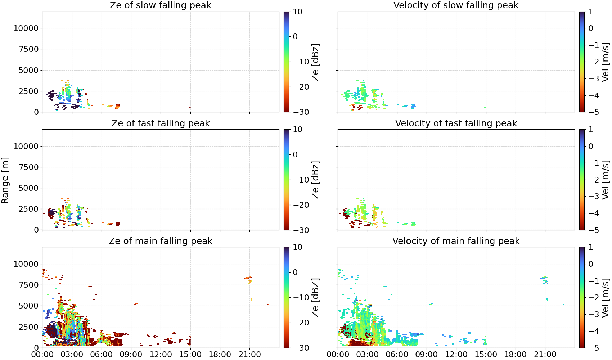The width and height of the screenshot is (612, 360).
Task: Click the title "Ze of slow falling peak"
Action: click(x=160, y=5)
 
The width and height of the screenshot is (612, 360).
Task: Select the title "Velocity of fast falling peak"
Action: click(x=456, y=123)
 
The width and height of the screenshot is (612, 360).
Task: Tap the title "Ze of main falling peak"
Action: click(x=160, y=241)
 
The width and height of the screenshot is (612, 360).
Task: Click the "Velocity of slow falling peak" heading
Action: click(x=456, y=5)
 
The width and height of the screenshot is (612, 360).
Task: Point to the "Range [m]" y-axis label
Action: click(x=5, y=180)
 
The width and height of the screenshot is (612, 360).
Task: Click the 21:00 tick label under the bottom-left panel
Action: click(x=249, y=355)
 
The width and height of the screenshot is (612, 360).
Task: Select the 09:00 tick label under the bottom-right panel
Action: click(x=427, y=355)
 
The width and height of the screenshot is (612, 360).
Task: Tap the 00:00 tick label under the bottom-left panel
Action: click(x=42, y=355)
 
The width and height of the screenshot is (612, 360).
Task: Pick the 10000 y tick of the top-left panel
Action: click(x=26, y=28)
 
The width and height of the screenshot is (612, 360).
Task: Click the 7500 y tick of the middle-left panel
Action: click(x=28, y=167)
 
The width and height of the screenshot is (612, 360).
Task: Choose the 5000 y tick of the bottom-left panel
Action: click(x=28, y=306)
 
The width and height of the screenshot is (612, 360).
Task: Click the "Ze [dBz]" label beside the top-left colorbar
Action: click(x=315, y=62)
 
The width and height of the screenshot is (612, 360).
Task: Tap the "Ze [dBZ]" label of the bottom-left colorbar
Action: click(x=315, y=297)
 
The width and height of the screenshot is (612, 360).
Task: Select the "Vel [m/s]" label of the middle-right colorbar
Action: click(x=606, y=180)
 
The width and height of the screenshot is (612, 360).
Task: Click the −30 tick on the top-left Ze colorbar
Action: click(x=301, y=112)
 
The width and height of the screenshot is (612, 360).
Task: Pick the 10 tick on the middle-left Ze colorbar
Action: click(x=297, y=130)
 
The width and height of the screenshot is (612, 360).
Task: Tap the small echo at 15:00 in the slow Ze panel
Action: click(x=190, y=107)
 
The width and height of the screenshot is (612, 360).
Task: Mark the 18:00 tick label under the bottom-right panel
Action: click(x=515, y=355)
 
